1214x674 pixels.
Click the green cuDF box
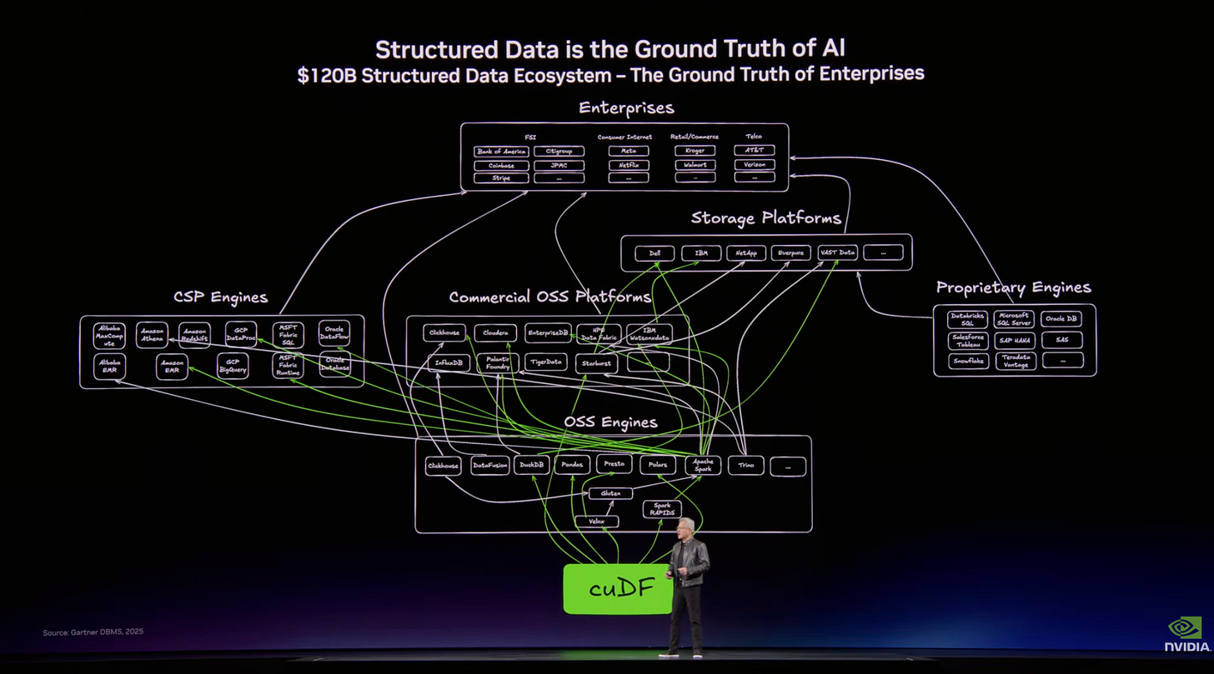(618, 589)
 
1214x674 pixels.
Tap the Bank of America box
(501, 152)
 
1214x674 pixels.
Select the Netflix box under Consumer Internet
(628, 165)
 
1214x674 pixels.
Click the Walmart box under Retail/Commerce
(695, 165)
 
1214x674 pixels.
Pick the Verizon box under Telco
(755, 165)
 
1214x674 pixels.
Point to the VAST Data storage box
(837, 252)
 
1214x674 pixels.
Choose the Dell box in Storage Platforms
(655, 252)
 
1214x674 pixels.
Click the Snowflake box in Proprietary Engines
(968, 361)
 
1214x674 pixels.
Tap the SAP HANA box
(1015, 340)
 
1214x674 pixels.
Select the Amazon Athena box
(152, 335)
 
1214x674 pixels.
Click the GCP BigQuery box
(233, 366)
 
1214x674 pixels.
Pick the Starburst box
(596, 363)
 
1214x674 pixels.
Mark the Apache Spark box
(703, 465)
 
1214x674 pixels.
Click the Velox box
(596, 522)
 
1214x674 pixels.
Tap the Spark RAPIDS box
(662, 509)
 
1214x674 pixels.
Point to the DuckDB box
(531, 465)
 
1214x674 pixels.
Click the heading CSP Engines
(221, 297)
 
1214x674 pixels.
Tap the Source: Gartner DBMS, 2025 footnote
(93, 632)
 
